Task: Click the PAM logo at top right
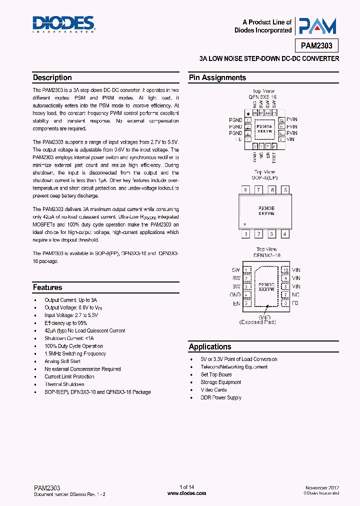317,26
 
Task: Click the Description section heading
52,77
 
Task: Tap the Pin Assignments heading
217,77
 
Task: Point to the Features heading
47,287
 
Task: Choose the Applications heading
210,346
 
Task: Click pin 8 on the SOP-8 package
245,190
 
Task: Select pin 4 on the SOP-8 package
285,233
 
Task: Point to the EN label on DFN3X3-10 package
236,303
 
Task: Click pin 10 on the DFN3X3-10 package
285,270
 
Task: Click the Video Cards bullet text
213,389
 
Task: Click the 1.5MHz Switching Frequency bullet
75,353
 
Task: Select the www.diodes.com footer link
186,493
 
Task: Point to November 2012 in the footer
321,487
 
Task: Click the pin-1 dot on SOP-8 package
244,223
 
